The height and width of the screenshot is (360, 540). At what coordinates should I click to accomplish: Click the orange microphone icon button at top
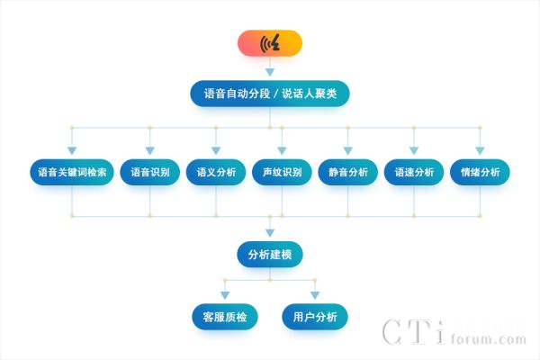tap(270, 43)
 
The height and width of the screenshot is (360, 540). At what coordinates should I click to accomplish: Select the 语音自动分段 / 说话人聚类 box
tap(270, 94)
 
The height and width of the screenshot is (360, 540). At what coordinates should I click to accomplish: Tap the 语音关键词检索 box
tap(73, 172)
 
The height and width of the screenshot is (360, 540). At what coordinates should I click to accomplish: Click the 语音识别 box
tap(150, 172)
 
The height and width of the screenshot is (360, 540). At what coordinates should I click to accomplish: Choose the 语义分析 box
tap(216, 172)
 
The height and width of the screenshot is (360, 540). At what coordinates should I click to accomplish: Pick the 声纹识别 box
tap(282, 172)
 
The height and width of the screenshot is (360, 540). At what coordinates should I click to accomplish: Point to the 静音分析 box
tap(348, 172)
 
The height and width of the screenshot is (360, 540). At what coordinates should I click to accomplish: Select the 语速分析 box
tap(414, 172)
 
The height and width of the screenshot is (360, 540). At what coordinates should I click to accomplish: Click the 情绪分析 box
tap(480, 172)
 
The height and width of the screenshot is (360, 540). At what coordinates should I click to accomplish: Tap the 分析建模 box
tap(270, 255)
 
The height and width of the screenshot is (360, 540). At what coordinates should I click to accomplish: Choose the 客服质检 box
tap(225, 317)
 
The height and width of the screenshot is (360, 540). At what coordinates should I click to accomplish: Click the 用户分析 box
tap(315, 317)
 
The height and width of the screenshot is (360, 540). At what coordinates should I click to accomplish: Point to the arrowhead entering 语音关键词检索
tap(73, 150)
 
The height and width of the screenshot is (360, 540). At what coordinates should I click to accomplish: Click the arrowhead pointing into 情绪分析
tap(480, 150)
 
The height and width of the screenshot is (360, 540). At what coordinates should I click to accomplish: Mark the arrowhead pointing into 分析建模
tap(270, 233)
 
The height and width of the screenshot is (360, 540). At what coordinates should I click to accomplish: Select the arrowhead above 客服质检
tap(225, 295)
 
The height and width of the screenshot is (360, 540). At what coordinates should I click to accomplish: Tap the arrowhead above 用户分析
tap(315, 295)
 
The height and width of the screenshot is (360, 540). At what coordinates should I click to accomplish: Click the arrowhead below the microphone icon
tap(270, 70)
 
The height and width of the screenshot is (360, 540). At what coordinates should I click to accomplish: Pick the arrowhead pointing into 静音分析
tap(348, 150)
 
